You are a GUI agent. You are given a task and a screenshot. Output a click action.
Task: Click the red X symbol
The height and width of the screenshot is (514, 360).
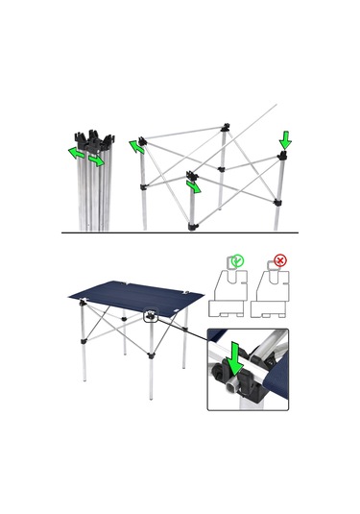(x=280, y=259)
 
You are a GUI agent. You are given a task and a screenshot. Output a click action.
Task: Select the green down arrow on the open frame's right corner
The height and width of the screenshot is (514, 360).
(x=284, y=142)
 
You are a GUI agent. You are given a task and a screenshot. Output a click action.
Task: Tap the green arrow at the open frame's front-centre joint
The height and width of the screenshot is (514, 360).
(x=196, y=186)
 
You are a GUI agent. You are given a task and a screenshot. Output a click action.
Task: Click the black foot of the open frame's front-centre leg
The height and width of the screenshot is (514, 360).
(x=193, y=227)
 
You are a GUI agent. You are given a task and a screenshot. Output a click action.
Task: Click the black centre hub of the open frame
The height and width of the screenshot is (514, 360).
(x=222, y=169)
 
